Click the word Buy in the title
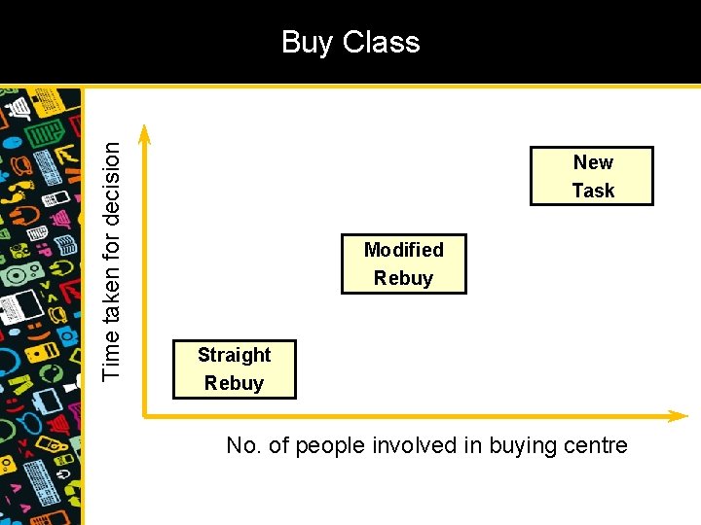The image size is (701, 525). [x=304, y=43]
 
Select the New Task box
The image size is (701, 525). [x=592, y=176]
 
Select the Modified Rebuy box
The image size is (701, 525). [x=403, y=263]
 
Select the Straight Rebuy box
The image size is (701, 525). [x=234, y=369]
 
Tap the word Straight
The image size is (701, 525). [x=234, y=355]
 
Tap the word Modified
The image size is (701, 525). [x=403, y=250]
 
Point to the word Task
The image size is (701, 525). [x=593, y=191]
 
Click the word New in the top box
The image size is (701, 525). [x=593, y=162]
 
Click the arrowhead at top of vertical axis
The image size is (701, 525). [x=145, y=131]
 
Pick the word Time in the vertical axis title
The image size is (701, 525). [x=113, y=357]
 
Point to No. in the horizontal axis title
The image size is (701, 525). [x=243, y=446]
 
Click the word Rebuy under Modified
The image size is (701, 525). [x=403, y=278]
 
